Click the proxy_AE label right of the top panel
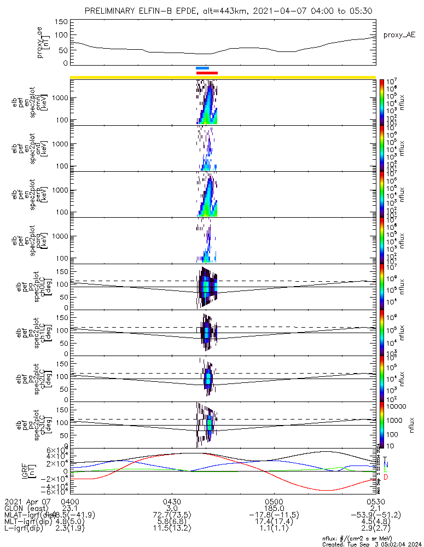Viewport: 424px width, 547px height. coord(399,35)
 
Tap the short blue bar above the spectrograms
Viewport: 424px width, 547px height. coord(202,68)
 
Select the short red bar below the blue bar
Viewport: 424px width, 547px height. coord(207,73)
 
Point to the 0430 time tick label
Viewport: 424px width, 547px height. coord(172,502)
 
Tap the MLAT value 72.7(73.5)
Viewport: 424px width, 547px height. coord(172,515)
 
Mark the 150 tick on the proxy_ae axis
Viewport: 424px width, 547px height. coord(61,22)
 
